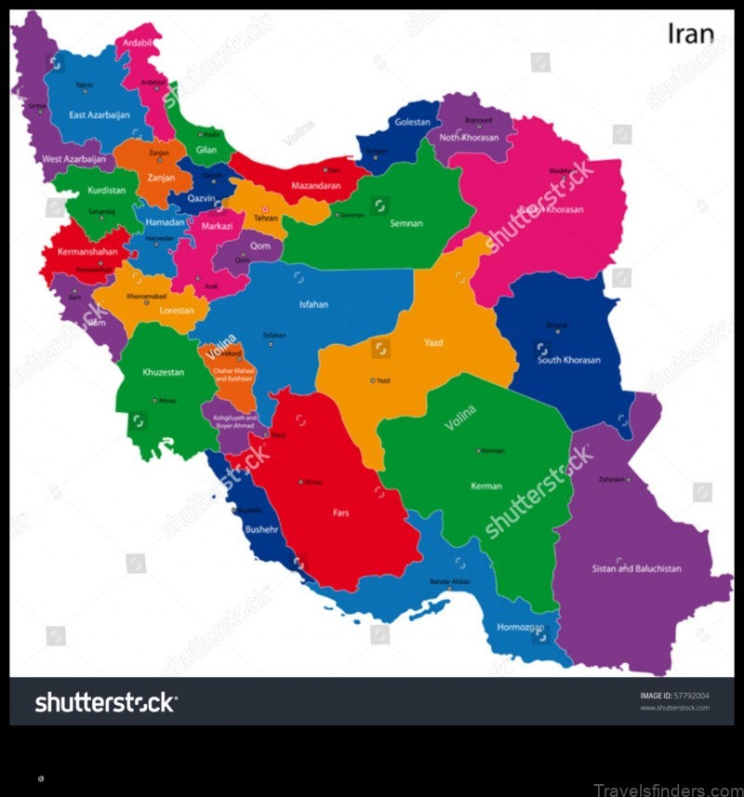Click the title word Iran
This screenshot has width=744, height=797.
point(691,34)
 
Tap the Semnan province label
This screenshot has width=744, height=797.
point(406,223)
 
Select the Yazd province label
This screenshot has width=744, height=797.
point(433,343)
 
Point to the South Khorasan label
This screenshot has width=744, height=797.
point(569,360)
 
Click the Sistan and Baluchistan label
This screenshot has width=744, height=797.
point(637,568)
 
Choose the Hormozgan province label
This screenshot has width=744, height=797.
point(520,627)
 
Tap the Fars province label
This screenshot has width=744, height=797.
point(341,511)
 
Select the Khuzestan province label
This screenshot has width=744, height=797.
point(163,372)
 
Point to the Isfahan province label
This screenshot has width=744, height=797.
point(313,304)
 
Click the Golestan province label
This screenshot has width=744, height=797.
point(412,122)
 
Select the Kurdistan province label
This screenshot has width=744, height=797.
point(107,190)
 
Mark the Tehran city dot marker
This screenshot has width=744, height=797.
point(265,209)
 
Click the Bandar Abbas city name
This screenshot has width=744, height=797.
point(450,581)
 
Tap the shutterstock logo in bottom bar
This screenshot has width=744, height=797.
point(106,703)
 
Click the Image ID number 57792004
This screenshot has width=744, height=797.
point(689,695)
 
